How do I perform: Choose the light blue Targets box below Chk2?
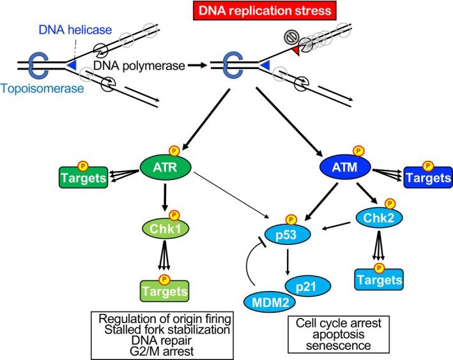(379, 280)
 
